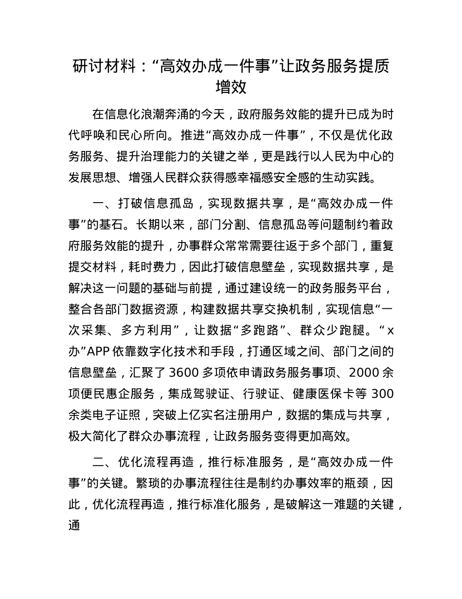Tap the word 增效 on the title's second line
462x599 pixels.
(x=231, y=88)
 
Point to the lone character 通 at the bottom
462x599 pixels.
(x=74, y=524)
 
